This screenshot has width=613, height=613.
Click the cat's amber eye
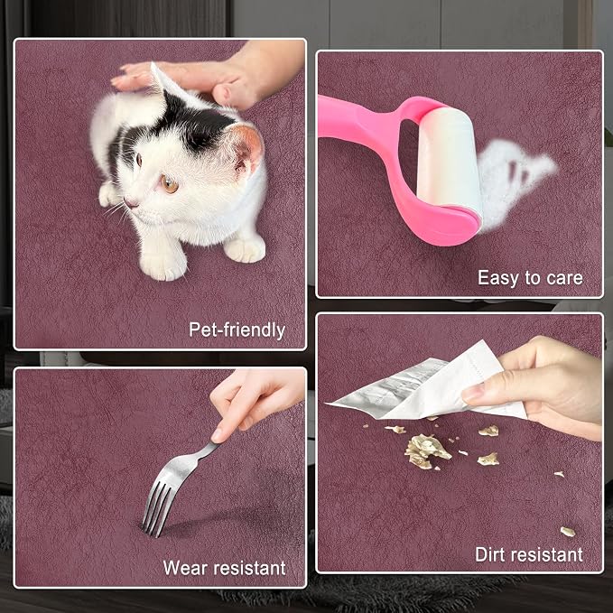click(x=170, y=184)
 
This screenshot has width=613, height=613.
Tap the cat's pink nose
click(x=130, y=202)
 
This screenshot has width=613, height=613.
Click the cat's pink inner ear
click(x=247, y=149)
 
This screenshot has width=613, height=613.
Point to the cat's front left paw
click(x=163, y=265)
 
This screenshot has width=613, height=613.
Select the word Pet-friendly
click(x=237, y=330)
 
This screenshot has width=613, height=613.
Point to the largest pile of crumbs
click(x=425, y=450)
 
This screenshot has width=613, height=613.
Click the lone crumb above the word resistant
click(x=568, y=532)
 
